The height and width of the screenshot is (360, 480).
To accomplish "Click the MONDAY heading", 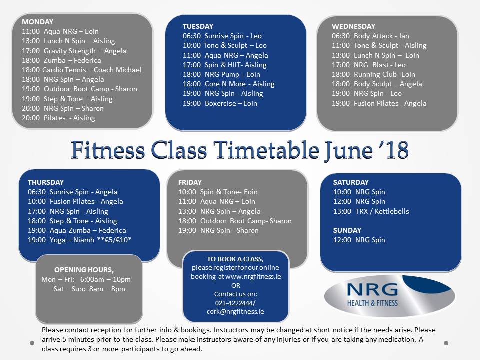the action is click(37, 22).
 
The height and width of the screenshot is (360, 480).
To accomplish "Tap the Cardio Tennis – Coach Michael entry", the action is click(81, 70).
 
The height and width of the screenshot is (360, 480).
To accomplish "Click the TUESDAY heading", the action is click(198, 26).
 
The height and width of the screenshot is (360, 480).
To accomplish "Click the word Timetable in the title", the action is click(266, 150).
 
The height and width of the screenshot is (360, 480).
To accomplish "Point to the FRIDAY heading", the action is click(190, 183).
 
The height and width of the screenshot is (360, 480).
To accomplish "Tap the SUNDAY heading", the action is click(347, 230).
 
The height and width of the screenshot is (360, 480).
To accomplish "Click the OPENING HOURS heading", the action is click(84, 270).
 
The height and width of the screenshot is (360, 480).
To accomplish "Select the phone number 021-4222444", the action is click(234, 303).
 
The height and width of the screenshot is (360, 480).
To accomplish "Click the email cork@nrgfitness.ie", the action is click(235, 312).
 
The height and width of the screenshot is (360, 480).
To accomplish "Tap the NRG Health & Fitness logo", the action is click(389, 295).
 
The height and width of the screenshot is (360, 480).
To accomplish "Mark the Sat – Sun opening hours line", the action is click(89, 289).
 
